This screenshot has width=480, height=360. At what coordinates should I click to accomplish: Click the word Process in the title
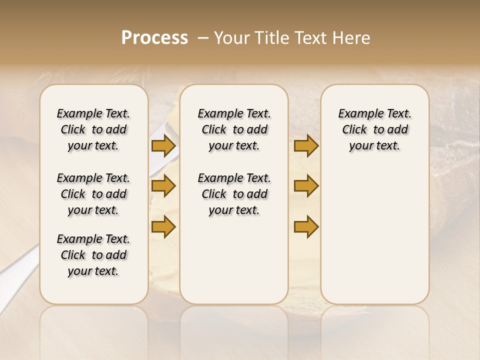(154, 38)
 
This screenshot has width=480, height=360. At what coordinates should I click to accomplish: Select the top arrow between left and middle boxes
(163, 146)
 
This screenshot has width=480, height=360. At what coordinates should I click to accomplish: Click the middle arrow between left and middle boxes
(163, 186)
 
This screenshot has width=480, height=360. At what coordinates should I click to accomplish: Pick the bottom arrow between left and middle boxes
(163, 226)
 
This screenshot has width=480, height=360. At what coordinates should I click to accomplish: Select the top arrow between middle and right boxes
(306, 146)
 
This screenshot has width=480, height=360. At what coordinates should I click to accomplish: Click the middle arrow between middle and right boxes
(306, 186)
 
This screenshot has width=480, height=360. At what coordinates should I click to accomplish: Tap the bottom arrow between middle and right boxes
(306, 226)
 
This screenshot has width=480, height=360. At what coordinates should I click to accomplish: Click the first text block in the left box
(93, 129)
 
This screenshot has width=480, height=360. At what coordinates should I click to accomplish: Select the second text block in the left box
(93, 194)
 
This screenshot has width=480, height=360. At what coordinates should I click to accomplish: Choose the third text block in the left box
(93, 255)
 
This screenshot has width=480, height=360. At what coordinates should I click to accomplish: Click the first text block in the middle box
(234, 129)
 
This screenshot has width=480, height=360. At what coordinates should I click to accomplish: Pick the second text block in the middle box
(234, 194)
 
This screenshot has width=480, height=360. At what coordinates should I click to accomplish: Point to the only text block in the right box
(374, 129)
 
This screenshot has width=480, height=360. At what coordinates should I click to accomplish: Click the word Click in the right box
(354, 130)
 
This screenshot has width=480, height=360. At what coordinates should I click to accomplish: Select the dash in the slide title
(202, 38)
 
